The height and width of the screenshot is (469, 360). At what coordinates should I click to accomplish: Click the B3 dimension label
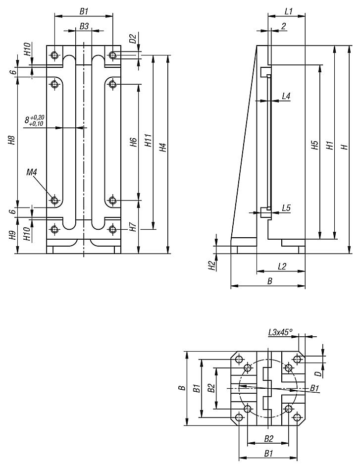(84, 27)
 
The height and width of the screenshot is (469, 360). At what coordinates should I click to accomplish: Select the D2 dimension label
(132, 39)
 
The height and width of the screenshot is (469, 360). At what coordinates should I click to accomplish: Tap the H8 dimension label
(11, 141)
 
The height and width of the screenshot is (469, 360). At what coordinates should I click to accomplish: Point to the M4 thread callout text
(32, 172)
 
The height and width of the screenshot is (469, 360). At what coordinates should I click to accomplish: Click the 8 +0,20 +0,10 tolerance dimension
(34, 120)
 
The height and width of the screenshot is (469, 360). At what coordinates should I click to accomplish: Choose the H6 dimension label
(132, 143)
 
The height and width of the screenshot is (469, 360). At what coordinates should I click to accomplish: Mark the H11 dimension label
(147, 143)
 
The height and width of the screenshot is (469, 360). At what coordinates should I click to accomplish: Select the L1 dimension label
(289, 11)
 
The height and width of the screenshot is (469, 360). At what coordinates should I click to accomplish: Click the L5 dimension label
(286, 208)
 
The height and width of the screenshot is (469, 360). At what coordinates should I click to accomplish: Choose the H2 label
(211, 265)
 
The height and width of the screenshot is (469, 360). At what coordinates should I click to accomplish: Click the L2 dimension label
(282, 266)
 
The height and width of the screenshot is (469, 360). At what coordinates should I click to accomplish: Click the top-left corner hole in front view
(54, 54)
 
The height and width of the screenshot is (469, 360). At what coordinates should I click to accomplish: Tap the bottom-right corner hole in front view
(113, 229)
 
